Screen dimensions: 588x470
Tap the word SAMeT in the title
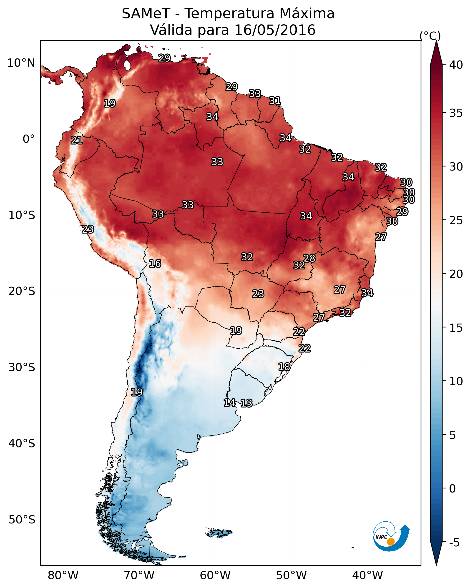click(x=146, y=14)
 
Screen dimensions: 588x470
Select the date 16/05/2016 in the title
click(x=275, y=30)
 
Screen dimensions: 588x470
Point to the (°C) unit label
click(x=430, y=36)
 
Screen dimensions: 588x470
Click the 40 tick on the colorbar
click(x=456, y=65)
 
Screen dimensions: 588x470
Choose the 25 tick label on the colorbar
click(x=456, y=220)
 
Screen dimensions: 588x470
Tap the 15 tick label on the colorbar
click(x=456, y=328)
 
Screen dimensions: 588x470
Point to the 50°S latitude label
click(x=22, y=520)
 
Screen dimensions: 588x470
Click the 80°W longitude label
click(x=63, y=575)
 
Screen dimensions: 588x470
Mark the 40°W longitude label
click(x=367, y=575)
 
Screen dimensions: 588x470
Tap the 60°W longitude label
click(x=215, y=575)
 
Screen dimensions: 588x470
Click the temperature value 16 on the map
click(x=155, y=264)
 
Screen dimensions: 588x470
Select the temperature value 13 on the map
click(x=246, y=403)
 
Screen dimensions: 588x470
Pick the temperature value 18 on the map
click(x=284, y=367)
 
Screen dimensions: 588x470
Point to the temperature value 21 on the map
click(x=77, y=141)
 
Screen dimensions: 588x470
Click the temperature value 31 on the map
click(x=275, y=101)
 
